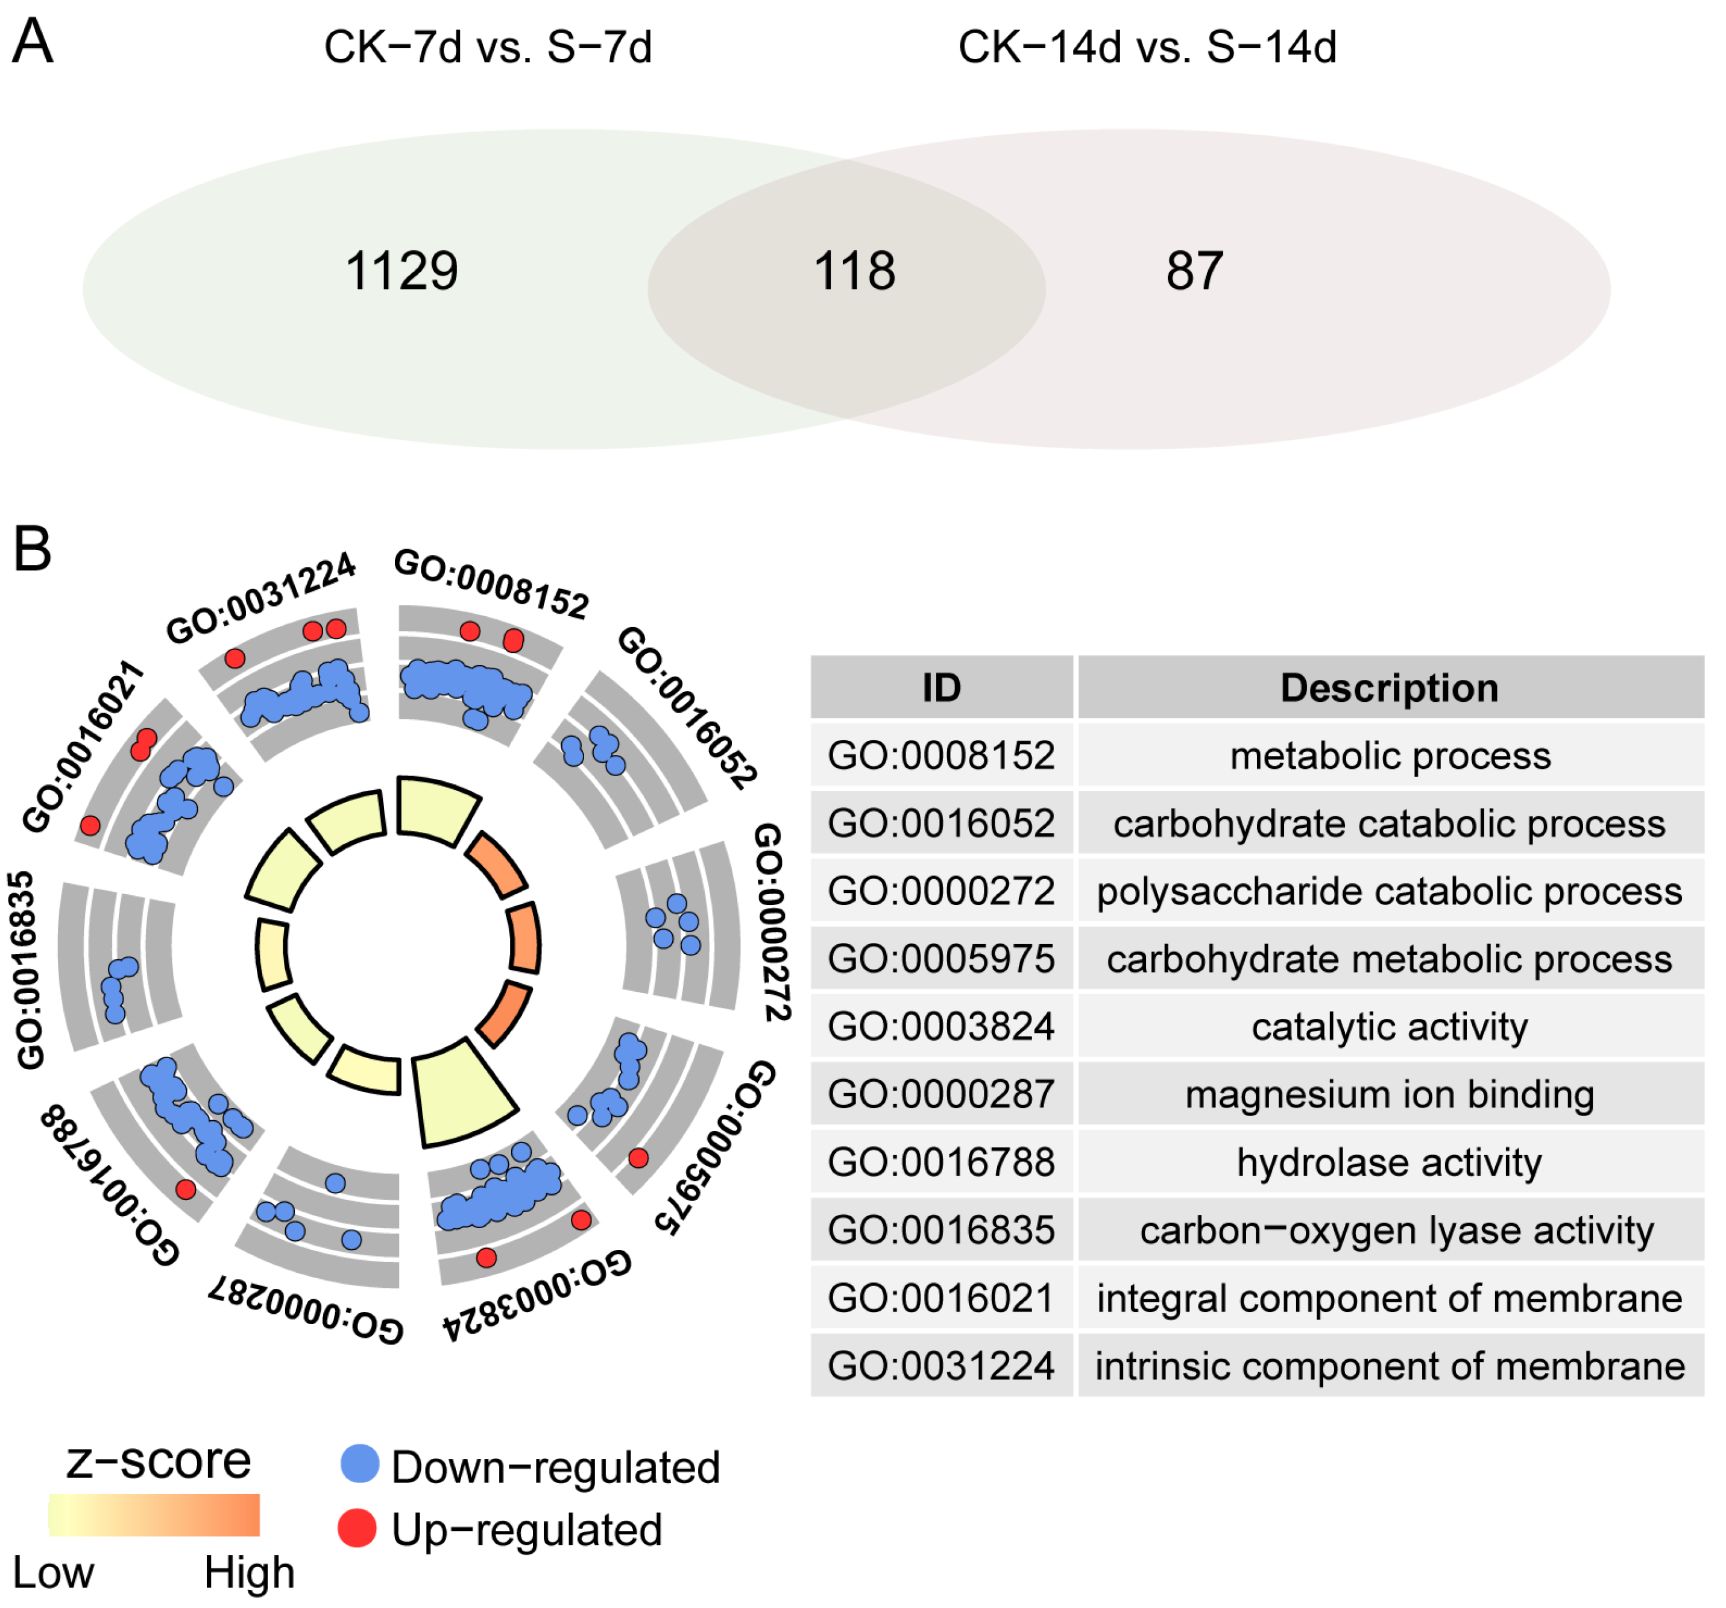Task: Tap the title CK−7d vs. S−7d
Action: [x=488, y=47]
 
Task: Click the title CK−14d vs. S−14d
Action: [x=1147, y=47]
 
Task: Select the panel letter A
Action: [x=33, y=42]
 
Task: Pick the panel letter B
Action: [x=33, y=550]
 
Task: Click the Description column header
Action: [x=1389, y=689]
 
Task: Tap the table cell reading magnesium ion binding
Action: [x=1389, y=1095]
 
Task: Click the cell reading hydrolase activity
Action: [x=1389, y=1162]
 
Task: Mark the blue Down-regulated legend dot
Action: [x=359, y=1464]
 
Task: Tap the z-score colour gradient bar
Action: [x=154, y=1515]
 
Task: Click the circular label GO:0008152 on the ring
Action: [x=491, y=585]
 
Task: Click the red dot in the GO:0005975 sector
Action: [x=638, y=1158]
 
